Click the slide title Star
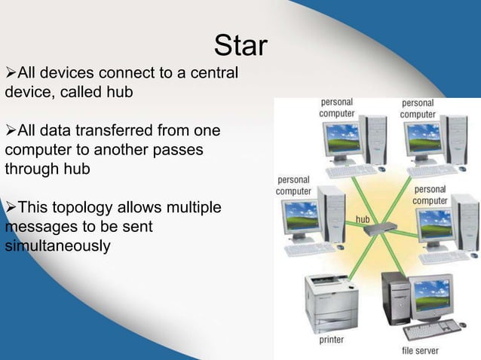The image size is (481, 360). [x=240, y=46]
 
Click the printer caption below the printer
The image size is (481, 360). [x=332, y=340]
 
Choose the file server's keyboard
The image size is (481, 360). [x=439, y=327]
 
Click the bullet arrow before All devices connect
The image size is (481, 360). [x=10, y=74]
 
